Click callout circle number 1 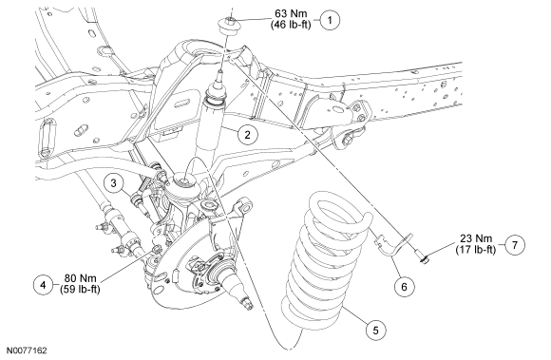click(330, 20)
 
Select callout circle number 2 click(247, 135)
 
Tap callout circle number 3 click(113, 183)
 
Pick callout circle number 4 click(43, 285)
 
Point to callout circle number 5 click(375, 331)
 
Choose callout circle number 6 click(404, 287)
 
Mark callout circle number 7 click(515, 245)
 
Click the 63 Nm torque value click(291, 14)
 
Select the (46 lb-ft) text click(291, 25)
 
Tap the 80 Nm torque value click(81, 278)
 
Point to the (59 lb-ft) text click(81, 290)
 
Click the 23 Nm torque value click(476, 238)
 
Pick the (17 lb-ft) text click(476, 250)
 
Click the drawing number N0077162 click(27, 351)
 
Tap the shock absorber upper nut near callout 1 click(229, 25)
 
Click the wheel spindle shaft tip click(248, 304)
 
